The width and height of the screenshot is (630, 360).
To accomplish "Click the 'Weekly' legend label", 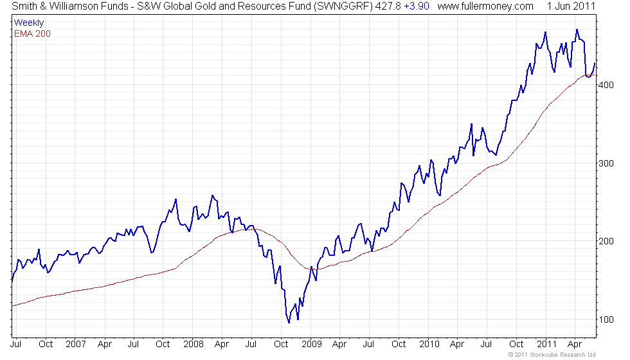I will coord(29,22).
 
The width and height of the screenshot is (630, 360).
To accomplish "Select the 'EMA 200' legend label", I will coord(32,33).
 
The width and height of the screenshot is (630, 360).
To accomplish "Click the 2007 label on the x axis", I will coord(76,343).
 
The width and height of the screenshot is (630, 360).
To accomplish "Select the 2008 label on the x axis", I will coord(194,343).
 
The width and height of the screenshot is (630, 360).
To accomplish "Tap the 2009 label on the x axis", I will coord(311,343).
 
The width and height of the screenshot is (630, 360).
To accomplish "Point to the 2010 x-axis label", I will coord(429,343).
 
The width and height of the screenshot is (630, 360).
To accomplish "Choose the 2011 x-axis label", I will coord(546,343).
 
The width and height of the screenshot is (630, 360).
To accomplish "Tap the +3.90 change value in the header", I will coord(416,6).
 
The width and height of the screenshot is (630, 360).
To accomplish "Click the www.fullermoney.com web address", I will coord(485,6).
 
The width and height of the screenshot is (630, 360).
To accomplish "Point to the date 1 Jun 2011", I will coord(571,6).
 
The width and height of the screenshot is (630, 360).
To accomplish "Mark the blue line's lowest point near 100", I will coord(289,322).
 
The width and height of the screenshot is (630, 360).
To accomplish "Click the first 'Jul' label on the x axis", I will coord(17,343).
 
